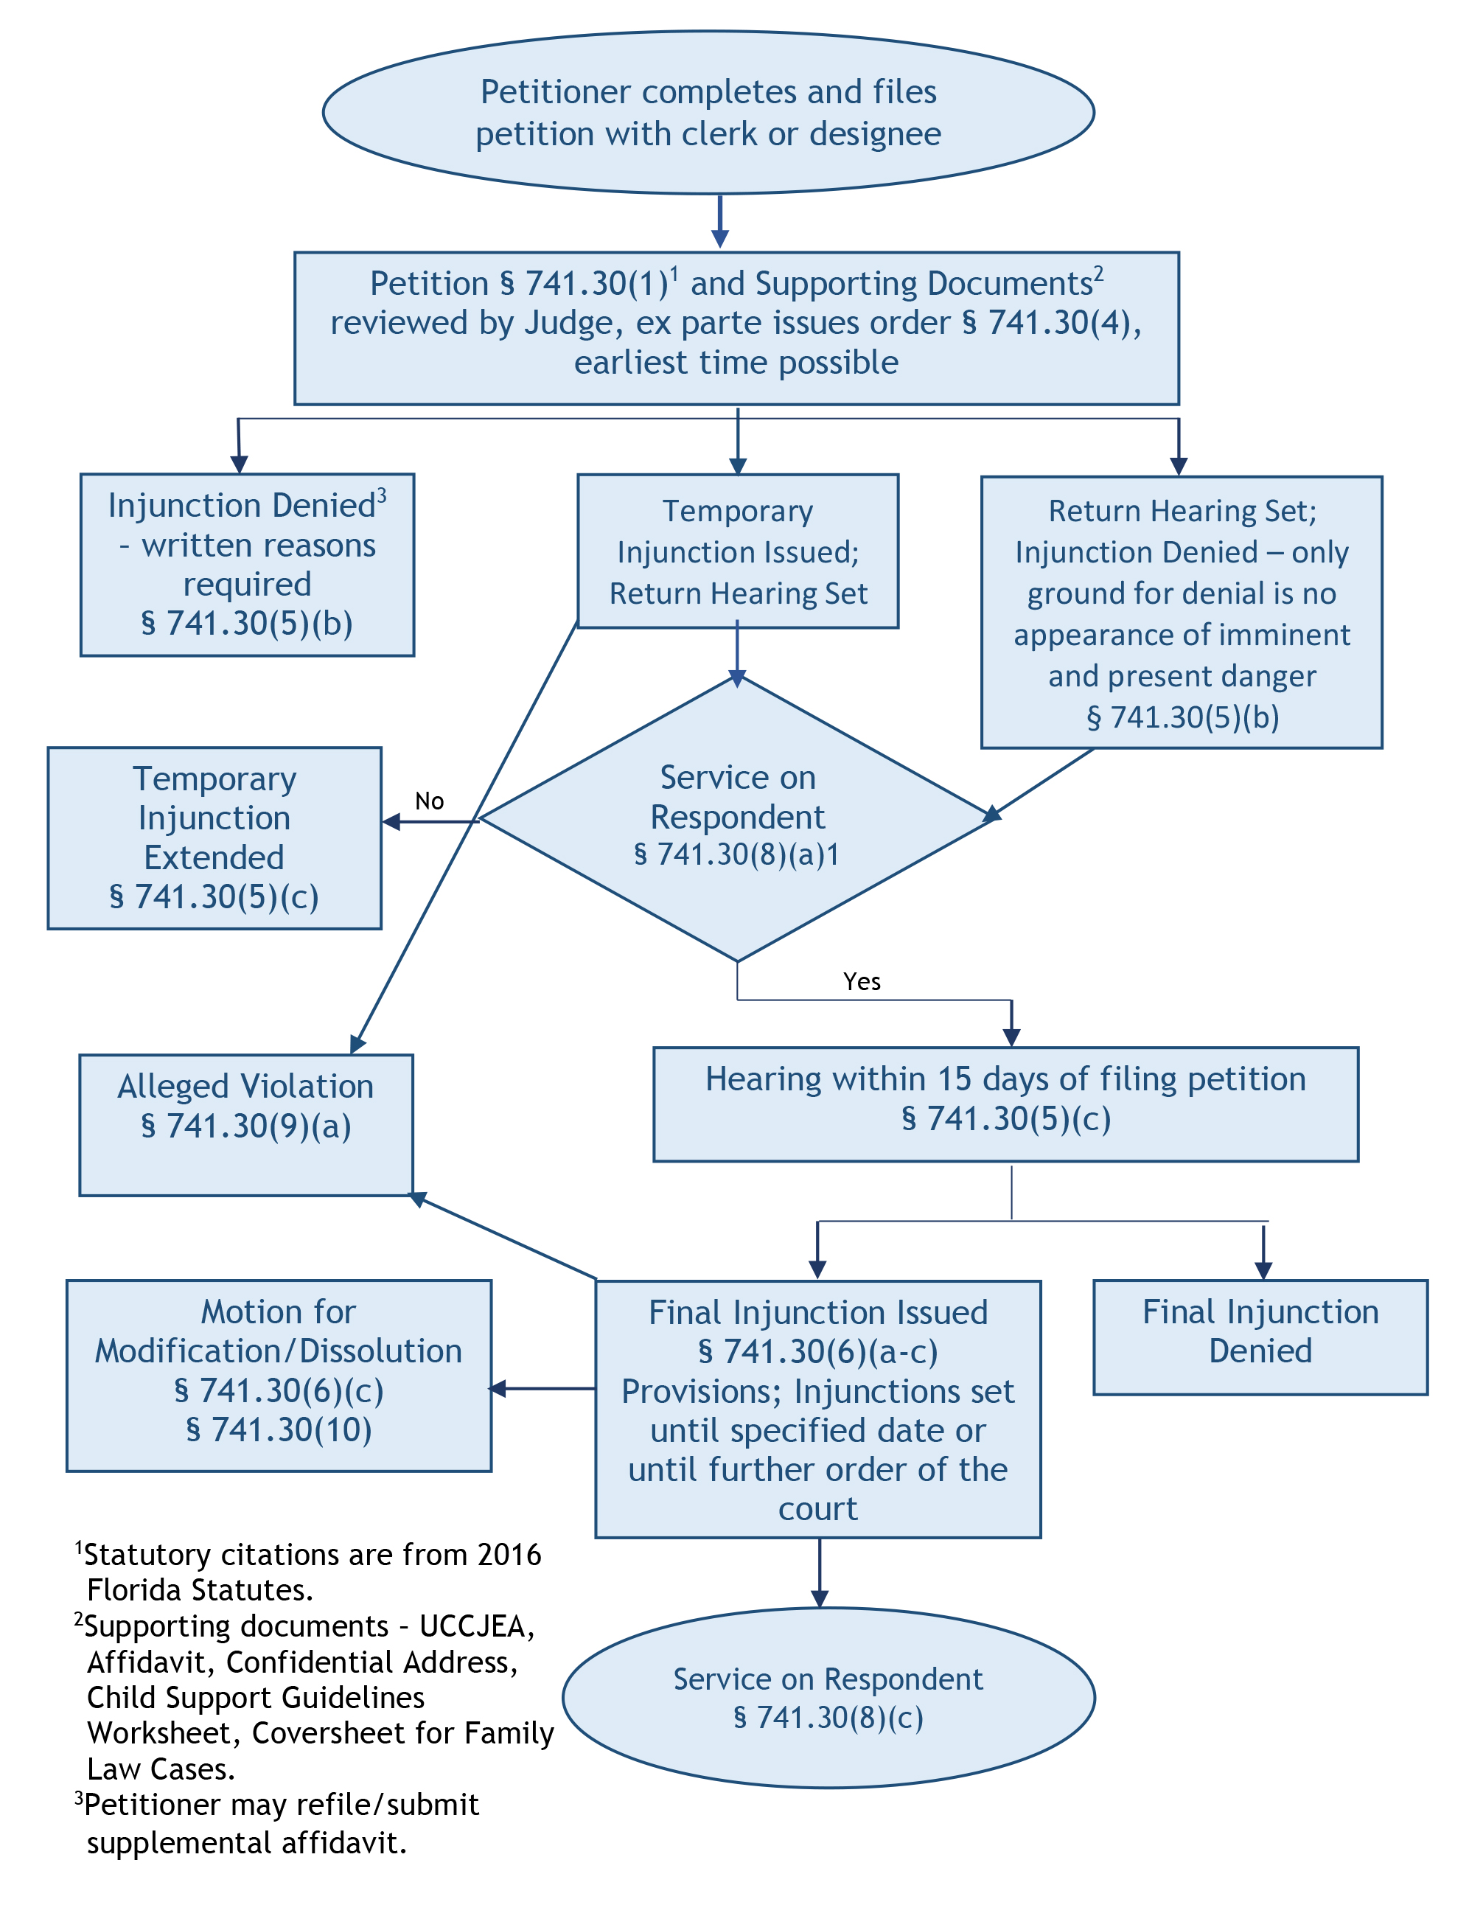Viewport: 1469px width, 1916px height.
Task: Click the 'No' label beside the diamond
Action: [428, 801]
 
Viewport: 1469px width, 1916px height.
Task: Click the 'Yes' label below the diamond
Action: [862, 981]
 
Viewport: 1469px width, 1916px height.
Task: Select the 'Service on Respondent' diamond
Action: [737, 818]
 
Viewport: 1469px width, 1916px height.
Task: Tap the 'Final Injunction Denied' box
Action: [1259, 1337]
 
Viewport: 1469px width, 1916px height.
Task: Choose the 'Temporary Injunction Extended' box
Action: [214, 837]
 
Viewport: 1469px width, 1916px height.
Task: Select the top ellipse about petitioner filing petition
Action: [708, 113]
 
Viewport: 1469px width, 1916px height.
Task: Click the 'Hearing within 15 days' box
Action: [1005, 1103]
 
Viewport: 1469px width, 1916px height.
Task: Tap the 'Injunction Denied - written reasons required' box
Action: [247, 564]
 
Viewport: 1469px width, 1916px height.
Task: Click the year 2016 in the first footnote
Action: [509, 1554]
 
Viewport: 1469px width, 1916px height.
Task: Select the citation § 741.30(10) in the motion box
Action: [278, 1429]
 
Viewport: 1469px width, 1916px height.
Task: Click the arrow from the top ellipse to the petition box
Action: [719, 222]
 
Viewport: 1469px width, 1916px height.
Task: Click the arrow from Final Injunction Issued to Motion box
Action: [542, 1388]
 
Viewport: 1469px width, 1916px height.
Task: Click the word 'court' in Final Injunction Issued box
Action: [817, 1508]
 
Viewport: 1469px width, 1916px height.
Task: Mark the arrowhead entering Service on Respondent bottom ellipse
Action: [820, 1598]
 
